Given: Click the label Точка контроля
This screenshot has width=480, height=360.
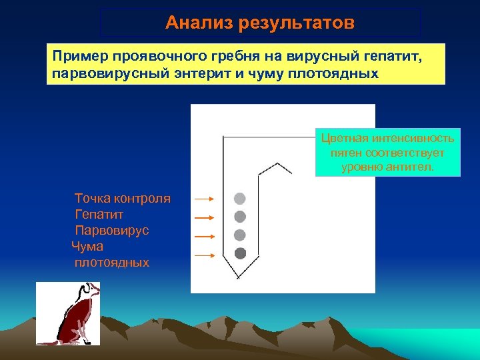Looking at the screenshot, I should coord(123,199).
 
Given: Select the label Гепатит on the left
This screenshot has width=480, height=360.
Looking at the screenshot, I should coord(99,215).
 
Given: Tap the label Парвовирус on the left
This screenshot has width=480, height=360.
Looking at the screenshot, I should coord(112,231).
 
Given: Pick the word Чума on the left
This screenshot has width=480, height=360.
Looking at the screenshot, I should coord(87,247).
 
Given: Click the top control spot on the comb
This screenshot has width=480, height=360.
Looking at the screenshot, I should coord(240,199).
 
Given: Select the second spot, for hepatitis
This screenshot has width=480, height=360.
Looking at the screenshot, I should coord(240,217).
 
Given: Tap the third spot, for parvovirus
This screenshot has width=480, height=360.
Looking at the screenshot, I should coord(240,235).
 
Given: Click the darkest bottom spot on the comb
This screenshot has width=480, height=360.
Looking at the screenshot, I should coord(240,253).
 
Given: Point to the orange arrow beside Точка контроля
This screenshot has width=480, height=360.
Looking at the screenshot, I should coord(203,199).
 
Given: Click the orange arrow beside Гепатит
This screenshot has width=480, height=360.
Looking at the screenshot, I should coord(203,217).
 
